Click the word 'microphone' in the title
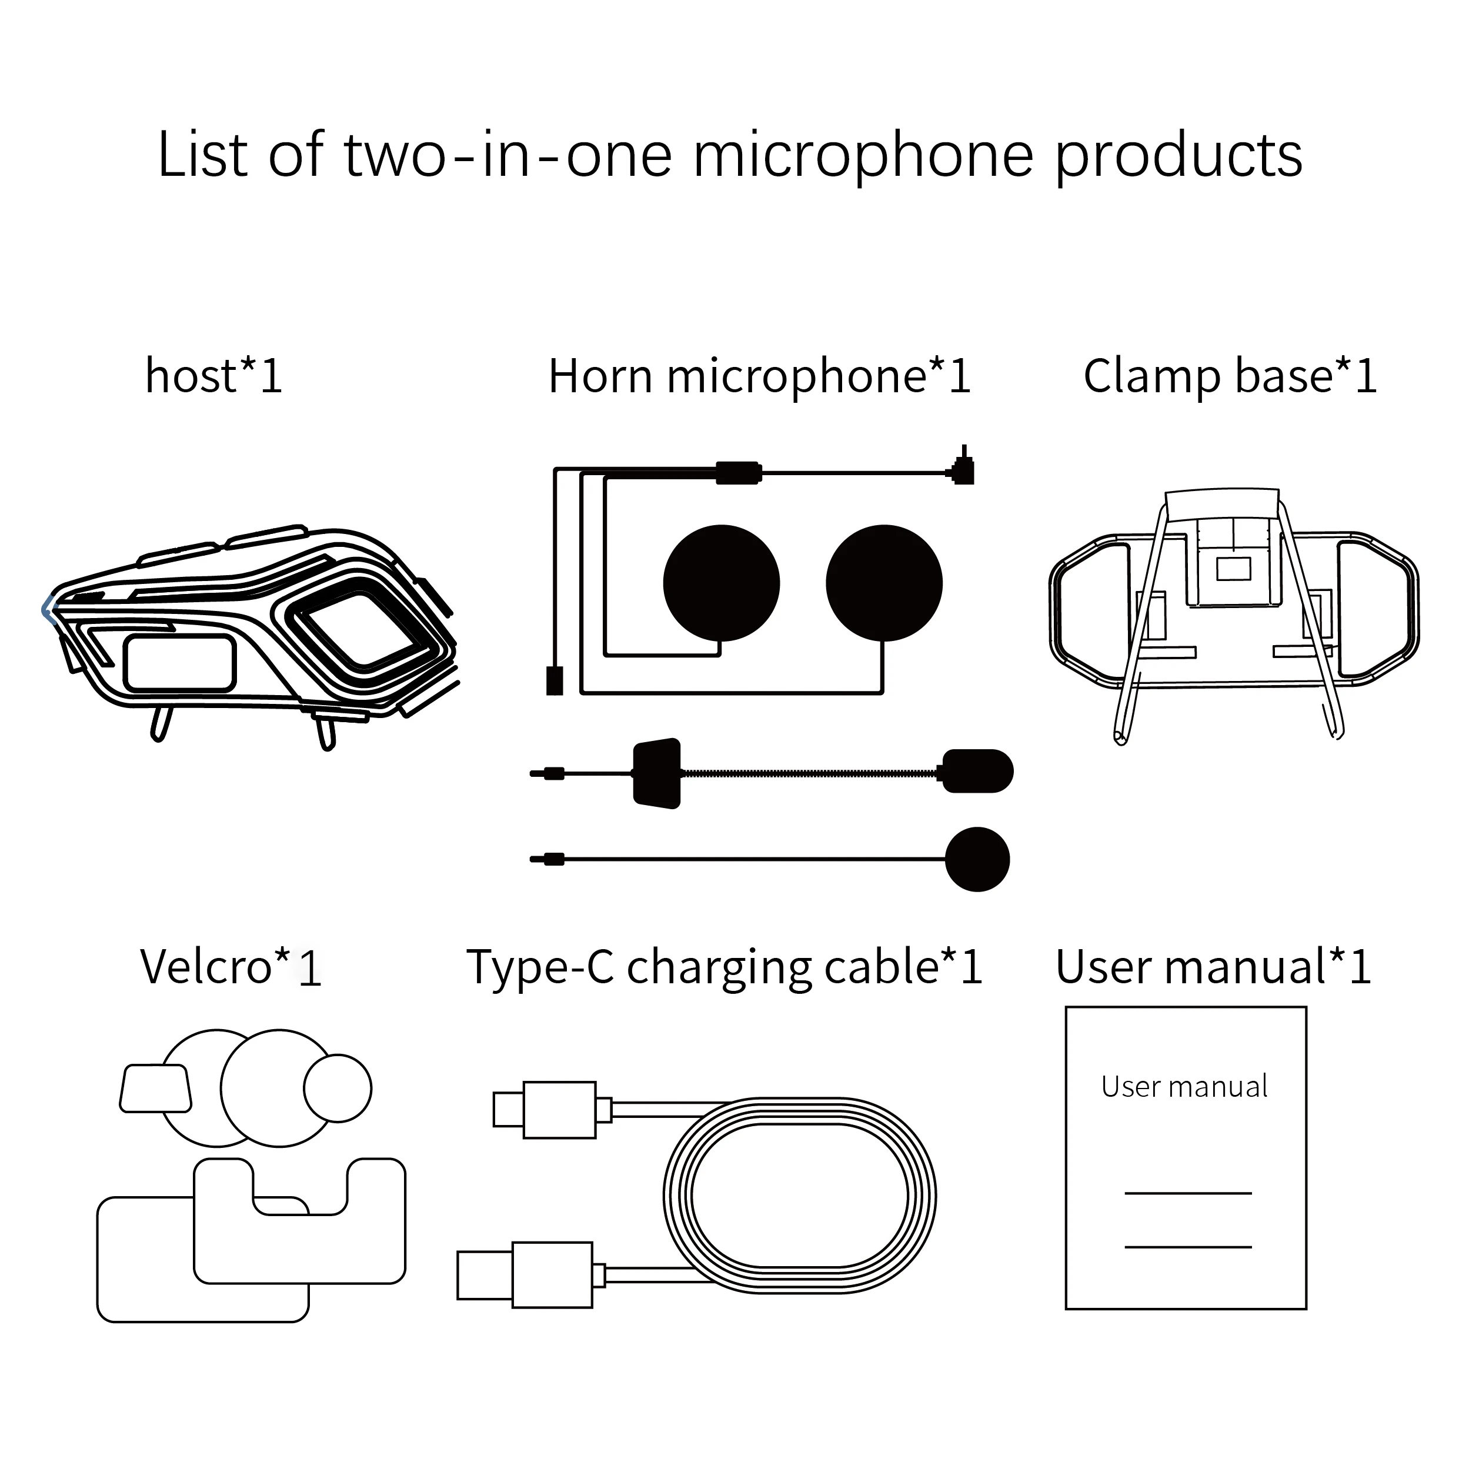[x=863, y=157]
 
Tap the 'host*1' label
[x=213, y=376]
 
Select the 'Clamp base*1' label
[x=1230, y=376]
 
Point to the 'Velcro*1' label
[x=231, y=967]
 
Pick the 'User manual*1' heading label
[x=1213, y=967]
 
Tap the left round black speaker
[x=721, y=583]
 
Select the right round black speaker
[x=883, y=583]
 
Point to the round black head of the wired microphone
[x=977, y=859]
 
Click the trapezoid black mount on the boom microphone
[x=657, y=773]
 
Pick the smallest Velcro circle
[x=338, y=1088]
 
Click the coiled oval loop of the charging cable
[x=800, y=1196]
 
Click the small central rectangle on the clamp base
[x=1233, y=569]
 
